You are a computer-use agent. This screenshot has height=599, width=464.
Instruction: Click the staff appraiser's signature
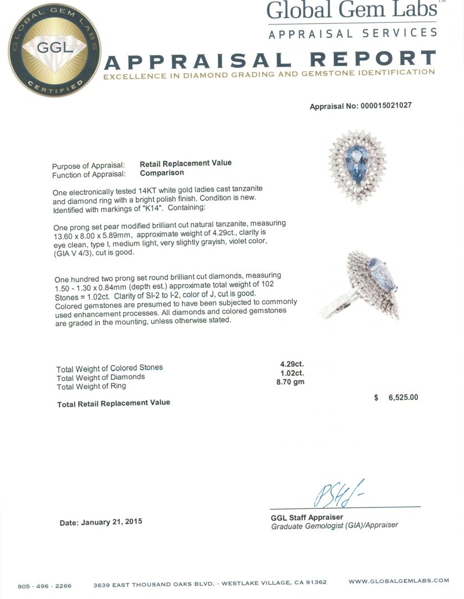coord(338,493)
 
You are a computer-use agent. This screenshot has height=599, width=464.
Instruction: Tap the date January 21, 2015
coord(101,522)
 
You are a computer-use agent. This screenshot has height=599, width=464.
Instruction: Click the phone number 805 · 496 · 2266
coord(44,586)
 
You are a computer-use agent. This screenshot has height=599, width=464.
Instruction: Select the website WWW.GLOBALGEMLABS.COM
coord(399,581)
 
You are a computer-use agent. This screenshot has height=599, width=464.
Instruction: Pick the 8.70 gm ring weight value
coord(290,382)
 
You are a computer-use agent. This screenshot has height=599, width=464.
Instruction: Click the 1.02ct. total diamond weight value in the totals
coord(292,373)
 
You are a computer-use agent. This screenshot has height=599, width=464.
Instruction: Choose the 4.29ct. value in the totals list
coord(292,364)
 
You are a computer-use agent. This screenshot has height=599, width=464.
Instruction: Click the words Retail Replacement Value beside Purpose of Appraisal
coord(185,163)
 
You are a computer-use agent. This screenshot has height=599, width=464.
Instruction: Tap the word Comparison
coord(161,172)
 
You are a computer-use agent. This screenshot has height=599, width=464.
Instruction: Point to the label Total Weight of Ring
coord(91,386)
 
